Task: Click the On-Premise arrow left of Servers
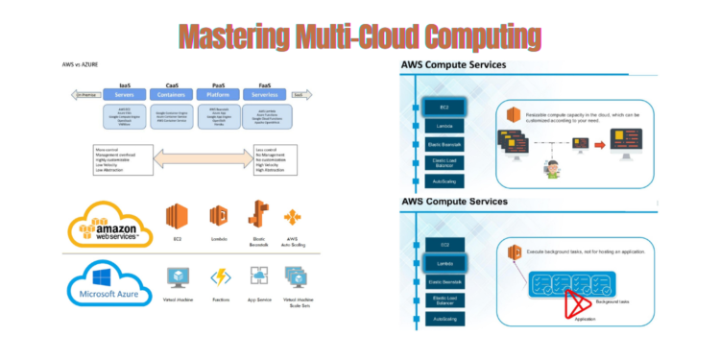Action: [85, 95]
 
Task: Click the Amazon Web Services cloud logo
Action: [108, 227]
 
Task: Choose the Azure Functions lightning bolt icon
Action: [220, 278]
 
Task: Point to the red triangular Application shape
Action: [577, 304]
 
